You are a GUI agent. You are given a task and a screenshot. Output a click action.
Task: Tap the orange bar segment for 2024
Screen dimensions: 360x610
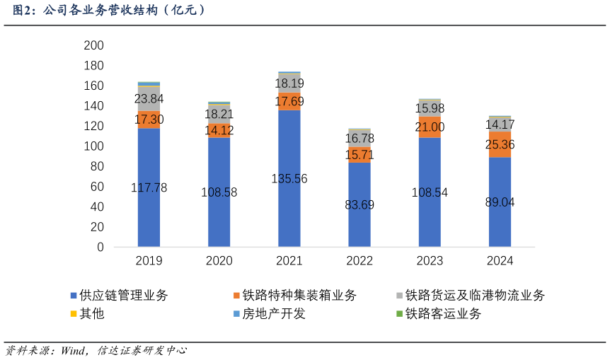point(500,144)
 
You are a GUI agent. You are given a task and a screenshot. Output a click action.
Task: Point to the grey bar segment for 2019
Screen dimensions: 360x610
point(149,99)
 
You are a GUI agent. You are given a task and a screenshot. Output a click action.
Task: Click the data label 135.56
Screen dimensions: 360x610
point(289,179)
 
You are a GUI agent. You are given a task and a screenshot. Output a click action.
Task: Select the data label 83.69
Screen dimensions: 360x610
point(359,205)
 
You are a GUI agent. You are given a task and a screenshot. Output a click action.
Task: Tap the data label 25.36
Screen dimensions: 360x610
point(500,145)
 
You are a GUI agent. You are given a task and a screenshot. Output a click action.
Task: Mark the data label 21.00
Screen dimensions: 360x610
point(430,127)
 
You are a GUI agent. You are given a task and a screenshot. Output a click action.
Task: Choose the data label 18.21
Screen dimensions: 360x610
point(219,114)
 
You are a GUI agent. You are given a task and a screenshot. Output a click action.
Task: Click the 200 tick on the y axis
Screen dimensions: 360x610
point(93,45)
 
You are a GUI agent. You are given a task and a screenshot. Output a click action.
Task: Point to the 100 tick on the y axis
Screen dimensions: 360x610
point(93,146)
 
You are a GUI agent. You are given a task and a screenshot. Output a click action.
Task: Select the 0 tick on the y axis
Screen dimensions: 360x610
point(100,248)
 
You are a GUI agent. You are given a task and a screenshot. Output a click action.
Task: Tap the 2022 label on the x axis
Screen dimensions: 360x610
point(359,261)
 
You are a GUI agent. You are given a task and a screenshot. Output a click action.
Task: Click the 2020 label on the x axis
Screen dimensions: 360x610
point(219,261)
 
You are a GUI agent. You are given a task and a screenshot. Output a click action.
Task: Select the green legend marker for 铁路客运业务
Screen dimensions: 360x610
point(400,314)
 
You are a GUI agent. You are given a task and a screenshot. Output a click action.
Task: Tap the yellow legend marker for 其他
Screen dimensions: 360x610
point(73,314)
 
